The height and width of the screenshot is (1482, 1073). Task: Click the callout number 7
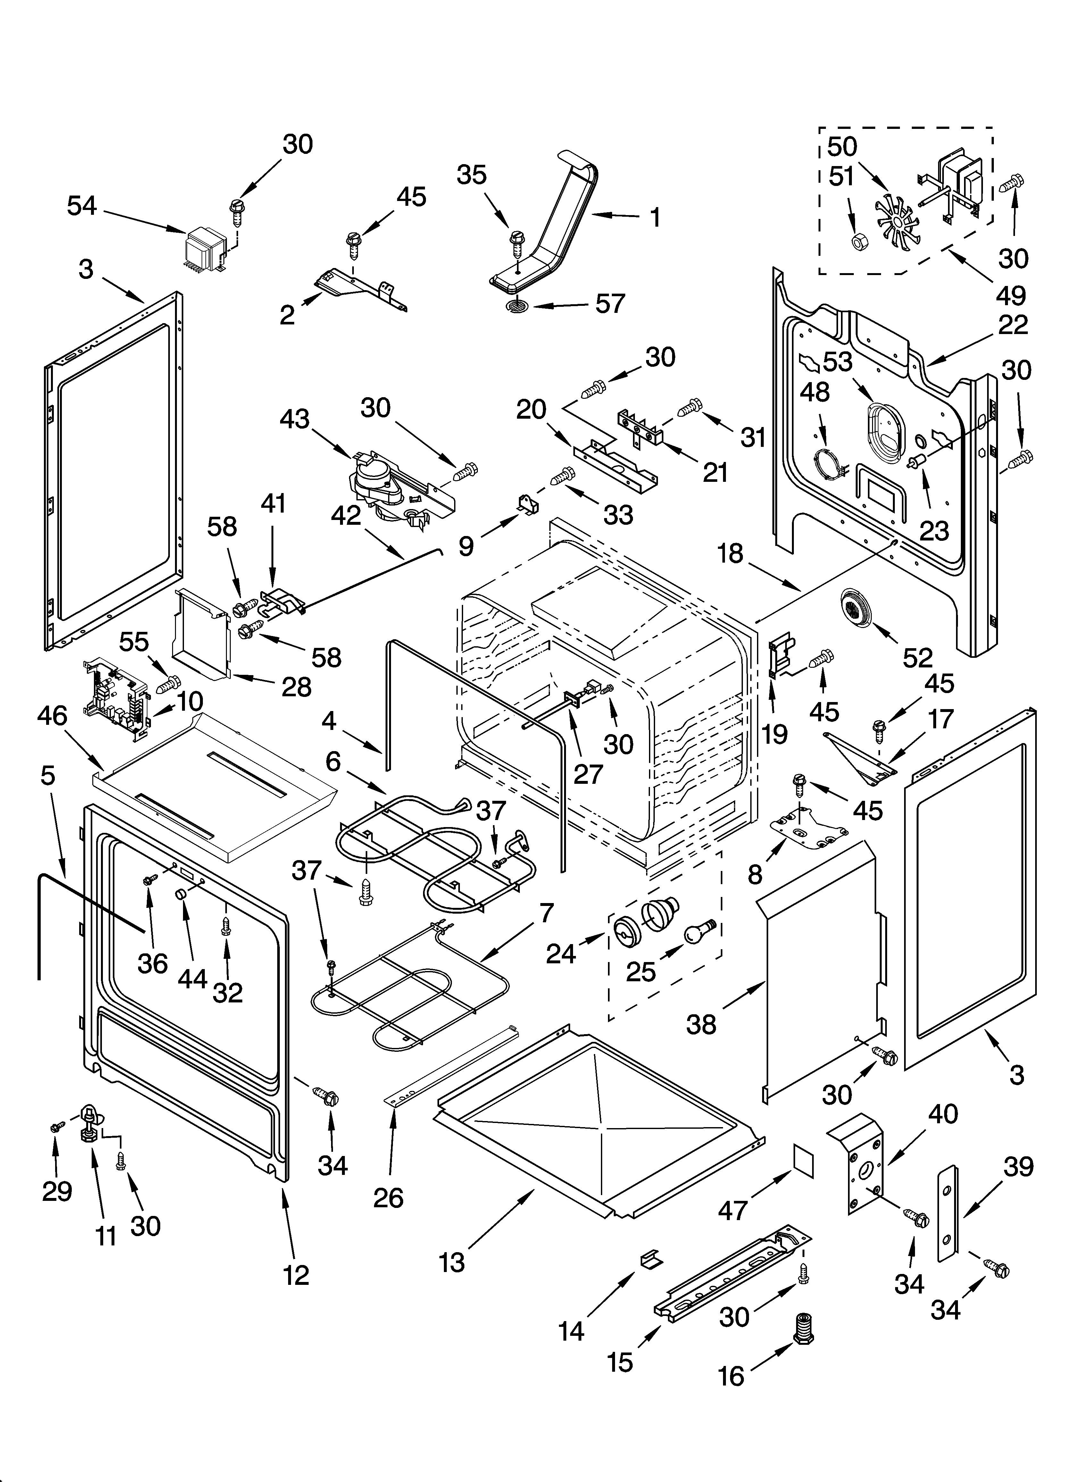(546, 913)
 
